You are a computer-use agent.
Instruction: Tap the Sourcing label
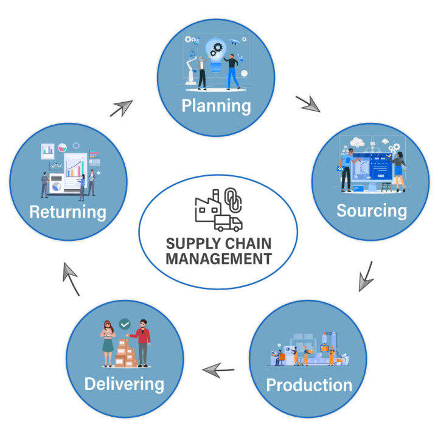point(371,210)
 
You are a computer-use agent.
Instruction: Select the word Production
point(309,384)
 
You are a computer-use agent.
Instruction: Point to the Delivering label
point(124,383)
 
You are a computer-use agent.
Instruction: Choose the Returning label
point(68,212)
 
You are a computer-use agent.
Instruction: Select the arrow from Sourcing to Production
point(366,276)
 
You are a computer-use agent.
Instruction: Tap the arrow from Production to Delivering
point(218,369)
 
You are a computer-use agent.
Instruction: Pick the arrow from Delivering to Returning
point(71,279)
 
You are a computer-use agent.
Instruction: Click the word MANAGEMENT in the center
point(218,258)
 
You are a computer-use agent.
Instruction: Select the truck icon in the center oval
point(228,223)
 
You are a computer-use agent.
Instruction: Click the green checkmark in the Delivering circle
point(125,325)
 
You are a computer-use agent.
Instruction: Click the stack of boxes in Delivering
point(125,353)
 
